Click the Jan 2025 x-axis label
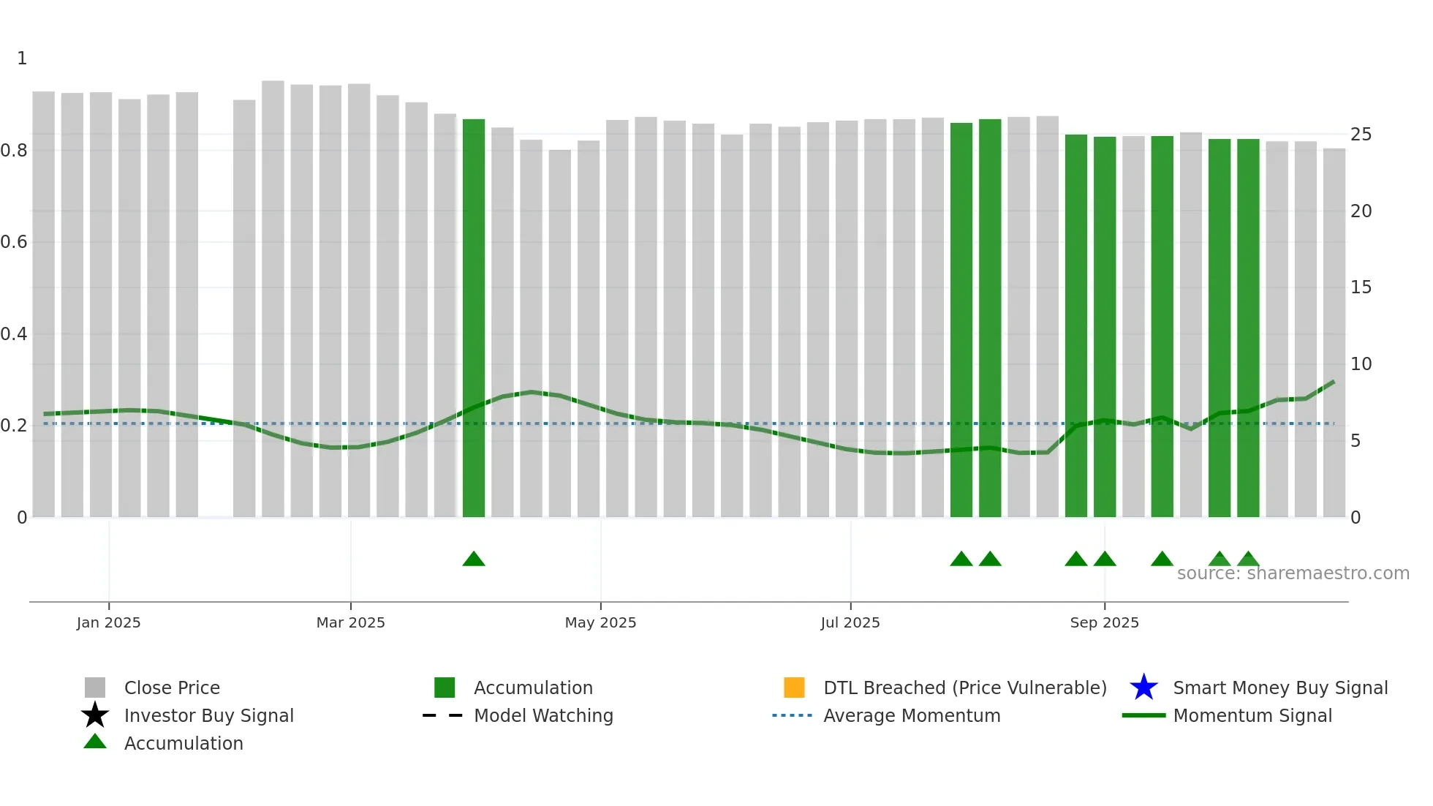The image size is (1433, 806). [108, 622]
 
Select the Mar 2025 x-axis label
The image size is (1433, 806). [350, 622]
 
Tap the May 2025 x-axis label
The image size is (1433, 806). [600, 622]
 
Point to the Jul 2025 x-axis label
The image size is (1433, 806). [850, 622]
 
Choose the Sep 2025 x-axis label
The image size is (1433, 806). [1104, 622]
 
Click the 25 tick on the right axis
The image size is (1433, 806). [1361, 135]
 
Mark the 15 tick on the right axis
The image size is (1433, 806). [1361, 287]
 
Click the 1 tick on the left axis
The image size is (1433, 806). [22, 59]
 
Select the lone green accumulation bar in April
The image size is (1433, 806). [474, 318]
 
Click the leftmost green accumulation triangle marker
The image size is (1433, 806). [474, 560]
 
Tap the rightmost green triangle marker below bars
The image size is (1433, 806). [1248, 560]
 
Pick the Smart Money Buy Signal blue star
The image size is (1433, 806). [1143, 688]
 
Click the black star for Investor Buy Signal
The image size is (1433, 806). [95, 715]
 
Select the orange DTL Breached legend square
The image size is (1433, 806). [794, 688]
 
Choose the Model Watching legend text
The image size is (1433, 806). [543, 715]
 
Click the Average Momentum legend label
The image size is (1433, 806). [912, 715]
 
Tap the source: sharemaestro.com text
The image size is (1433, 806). [1293, 573]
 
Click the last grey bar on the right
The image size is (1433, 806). [1334, 333]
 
